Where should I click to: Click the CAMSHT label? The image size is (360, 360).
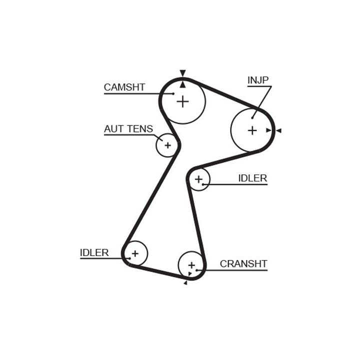point(124,87)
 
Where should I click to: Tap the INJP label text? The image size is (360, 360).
point(258,80)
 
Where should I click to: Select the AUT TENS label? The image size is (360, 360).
point(128,129)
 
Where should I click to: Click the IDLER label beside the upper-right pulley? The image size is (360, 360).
point(252,178)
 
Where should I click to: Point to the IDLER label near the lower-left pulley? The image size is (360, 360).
point(94,252)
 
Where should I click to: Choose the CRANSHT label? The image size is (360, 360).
point(243,263)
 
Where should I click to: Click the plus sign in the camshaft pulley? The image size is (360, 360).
point(183,101)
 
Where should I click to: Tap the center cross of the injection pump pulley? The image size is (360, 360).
point(252,130)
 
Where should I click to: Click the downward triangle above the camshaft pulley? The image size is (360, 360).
point(183,72)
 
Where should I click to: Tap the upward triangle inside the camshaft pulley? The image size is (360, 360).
point(183,84)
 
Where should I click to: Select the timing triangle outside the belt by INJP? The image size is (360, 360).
point(279,130)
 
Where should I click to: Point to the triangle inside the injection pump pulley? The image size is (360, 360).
point(268,130)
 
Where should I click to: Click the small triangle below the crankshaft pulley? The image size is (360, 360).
point(185,283)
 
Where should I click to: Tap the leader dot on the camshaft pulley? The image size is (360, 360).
point(173,93)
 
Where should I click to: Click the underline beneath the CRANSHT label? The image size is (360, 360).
point(235,270)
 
